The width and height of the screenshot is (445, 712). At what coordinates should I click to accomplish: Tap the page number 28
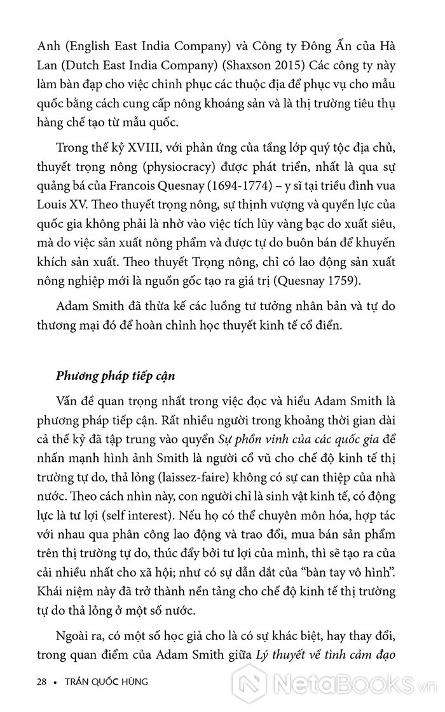click(43, 683)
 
